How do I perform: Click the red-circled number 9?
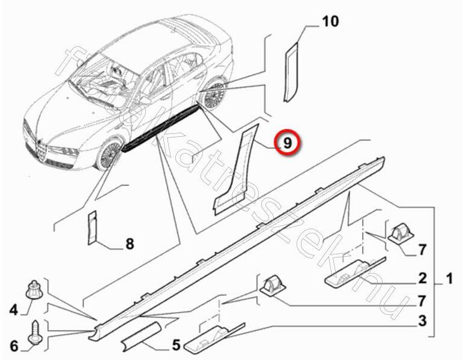(287, 143)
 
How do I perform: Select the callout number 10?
(330, 22)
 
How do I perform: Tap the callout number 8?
(130, 244)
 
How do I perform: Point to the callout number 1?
(449, 278)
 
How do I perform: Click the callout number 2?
(423, 278)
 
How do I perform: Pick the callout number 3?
(423, 320)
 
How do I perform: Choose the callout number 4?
(14, 310)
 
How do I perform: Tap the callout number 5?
(176, 344)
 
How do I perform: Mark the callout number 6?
(14, 346)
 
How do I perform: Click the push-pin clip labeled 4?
(35, 289)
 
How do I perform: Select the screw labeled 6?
(35, 332)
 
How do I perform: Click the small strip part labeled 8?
(92, 228)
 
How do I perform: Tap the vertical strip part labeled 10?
(291, 72)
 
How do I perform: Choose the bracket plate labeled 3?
(214, 337)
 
